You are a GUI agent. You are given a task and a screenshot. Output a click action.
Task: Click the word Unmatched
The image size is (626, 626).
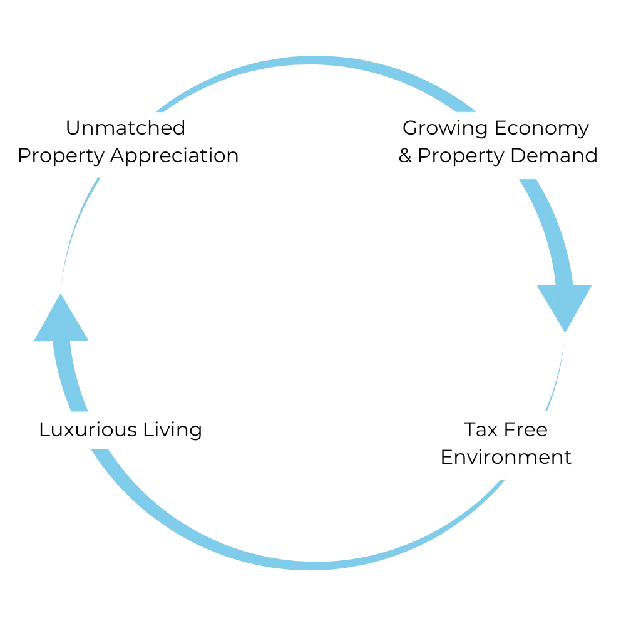(125, 128)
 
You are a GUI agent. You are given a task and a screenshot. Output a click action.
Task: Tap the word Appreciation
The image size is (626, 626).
(175, 156)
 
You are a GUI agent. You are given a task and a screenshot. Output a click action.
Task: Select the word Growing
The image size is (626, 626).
(445, 128)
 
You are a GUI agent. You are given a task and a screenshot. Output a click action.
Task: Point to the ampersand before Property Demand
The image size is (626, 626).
(406, 155)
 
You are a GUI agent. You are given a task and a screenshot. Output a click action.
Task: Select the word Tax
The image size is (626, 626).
(479, 429)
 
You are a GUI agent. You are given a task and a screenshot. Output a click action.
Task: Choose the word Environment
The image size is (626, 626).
(506, 457)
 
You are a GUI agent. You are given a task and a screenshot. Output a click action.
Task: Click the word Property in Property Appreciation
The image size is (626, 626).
(61, 156)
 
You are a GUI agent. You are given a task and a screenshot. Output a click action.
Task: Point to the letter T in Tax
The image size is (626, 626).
(469, 429)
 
